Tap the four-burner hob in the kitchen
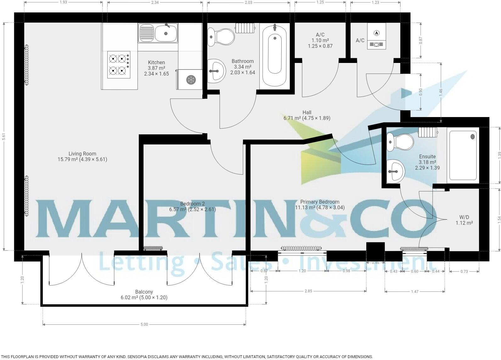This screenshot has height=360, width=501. coord(119,65)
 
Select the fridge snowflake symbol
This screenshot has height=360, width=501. coord(191,80)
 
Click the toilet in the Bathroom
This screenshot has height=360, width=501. coord(221,37)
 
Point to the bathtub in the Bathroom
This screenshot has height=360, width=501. coord(275,56)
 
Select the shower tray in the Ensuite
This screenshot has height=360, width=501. coord(463,155)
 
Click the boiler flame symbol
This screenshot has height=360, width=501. coord(376,33)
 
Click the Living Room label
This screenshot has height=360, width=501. coord(82,156)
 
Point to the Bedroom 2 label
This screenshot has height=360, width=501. coord(193,206)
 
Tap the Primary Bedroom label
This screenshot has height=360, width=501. coord(320,205)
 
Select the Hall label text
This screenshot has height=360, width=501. coord(307,112)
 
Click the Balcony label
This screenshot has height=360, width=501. coord(144,295)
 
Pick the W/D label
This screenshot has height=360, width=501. coord(464,220)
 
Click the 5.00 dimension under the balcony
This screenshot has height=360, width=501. coord(144,324)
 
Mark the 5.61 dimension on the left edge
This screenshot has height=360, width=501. coord(4,136)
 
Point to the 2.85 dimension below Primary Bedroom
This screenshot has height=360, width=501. coord(308,291)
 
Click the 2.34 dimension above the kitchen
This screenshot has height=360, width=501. coord(155,3)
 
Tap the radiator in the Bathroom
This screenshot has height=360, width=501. coord(245,28)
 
